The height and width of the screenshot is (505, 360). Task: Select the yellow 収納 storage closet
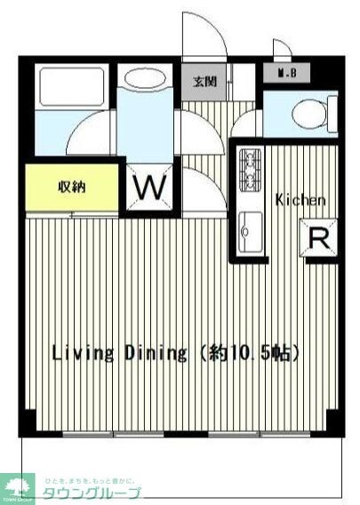71,188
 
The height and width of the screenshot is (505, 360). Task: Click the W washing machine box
149,188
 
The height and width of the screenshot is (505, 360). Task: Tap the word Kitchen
300,200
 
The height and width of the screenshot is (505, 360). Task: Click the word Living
83,353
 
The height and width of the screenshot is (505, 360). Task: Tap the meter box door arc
281,49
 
